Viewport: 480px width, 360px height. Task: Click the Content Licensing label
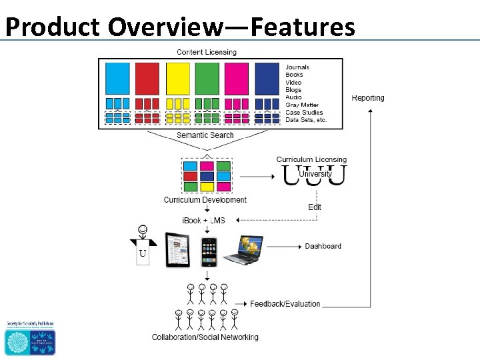[206, 52]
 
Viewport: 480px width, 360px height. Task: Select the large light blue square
[118, 78]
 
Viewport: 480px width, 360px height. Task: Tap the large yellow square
[177, 78]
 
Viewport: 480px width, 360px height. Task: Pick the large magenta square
[237, 78]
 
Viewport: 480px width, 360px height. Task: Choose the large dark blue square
[267, 78]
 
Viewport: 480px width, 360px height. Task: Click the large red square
[147, 78]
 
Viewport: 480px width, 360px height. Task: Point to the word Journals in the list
[297, 67]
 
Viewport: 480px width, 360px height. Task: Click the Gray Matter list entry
[302, 105]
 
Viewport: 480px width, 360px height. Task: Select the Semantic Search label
[205, 135]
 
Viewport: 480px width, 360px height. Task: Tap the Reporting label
[368, 98]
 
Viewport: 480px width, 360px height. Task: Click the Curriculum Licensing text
[311, 159]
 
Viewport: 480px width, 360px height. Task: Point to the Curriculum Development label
[205, 200]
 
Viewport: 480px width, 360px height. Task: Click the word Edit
[315, 207]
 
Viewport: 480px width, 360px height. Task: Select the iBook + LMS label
[204, 221]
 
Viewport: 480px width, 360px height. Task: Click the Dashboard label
[323, 247]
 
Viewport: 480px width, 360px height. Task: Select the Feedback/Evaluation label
[285, 304]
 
